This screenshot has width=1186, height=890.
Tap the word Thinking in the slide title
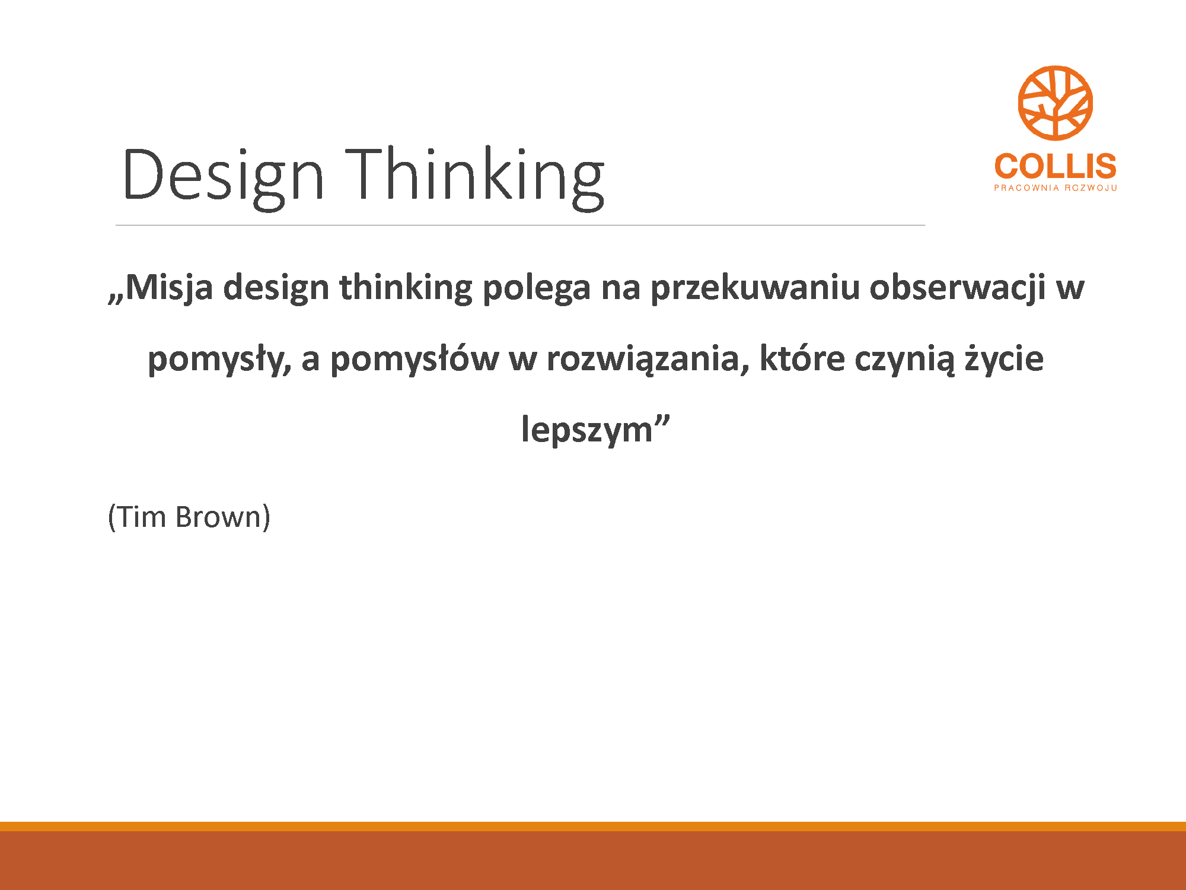tap(474, 177)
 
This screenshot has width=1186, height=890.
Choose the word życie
tap(1004, 359)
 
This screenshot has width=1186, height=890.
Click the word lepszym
tap(586, 430)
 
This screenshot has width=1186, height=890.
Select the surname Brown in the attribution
tap(218, 516)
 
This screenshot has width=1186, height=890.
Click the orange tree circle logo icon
tap(1056, 103)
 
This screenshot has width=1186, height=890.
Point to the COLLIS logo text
tap(1056, 166)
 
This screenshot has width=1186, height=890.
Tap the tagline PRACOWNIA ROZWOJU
tap(1056, 188)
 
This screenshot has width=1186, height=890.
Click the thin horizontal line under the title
tap(520, 225)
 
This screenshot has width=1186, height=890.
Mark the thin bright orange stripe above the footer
tap(593, 827)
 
